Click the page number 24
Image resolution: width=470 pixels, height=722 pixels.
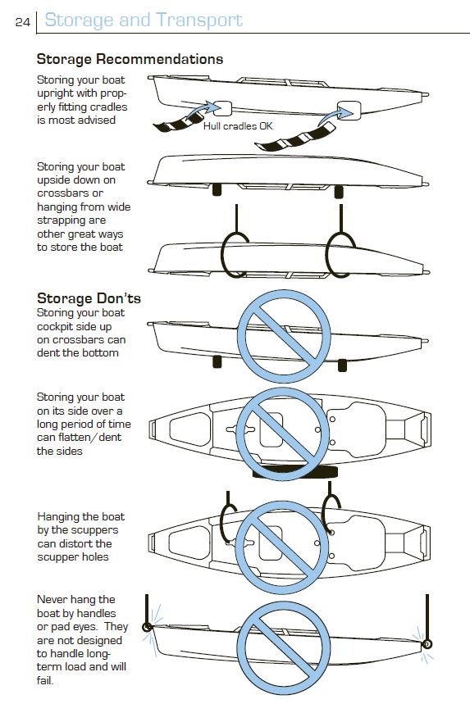pos(22,22)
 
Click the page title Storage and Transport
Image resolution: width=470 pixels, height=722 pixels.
pos(144,20)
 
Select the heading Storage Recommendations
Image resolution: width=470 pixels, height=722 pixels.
pos(130,59)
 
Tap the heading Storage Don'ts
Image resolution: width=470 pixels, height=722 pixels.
pos(89,297)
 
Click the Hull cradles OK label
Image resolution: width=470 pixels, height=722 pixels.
pos(238,126)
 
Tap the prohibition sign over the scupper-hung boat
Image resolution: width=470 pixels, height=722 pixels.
pos(277,542)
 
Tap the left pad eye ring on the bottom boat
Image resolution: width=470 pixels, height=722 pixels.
pos(148,629)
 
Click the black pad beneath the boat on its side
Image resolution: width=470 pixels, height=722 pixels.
pos(287,473)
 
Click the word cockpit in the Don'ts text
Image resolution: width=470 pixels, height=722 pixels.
pos(59,326)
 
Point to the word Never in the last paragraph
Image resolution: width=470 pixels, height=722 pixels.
pos(53,600)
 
